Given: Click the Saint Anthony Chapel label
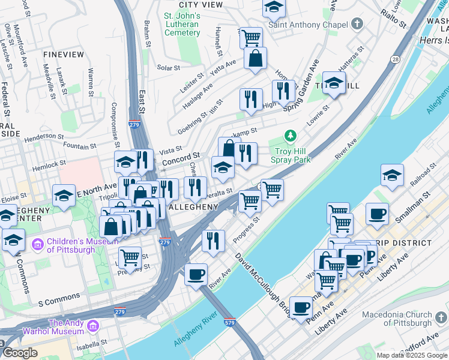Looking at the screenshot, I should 308,25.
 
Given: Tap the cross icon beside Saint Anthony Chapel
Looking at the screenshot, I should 358,24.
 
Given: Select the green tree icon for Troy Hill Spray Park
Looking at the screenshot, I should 291,136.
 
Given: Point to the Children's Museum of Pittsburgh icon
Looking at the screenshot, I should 38,244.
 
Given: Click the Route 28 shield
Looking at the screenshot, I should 394,59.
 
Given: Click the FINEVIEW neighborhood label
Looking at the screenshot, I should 64,54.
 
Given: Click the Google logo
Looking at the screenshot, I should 20,353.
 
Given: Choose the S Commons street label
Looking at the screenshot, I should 59,296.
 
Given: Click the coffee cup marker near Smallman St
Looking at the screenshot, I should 377,214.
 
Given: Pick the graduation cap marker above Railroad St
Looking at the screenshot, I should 392,175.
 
